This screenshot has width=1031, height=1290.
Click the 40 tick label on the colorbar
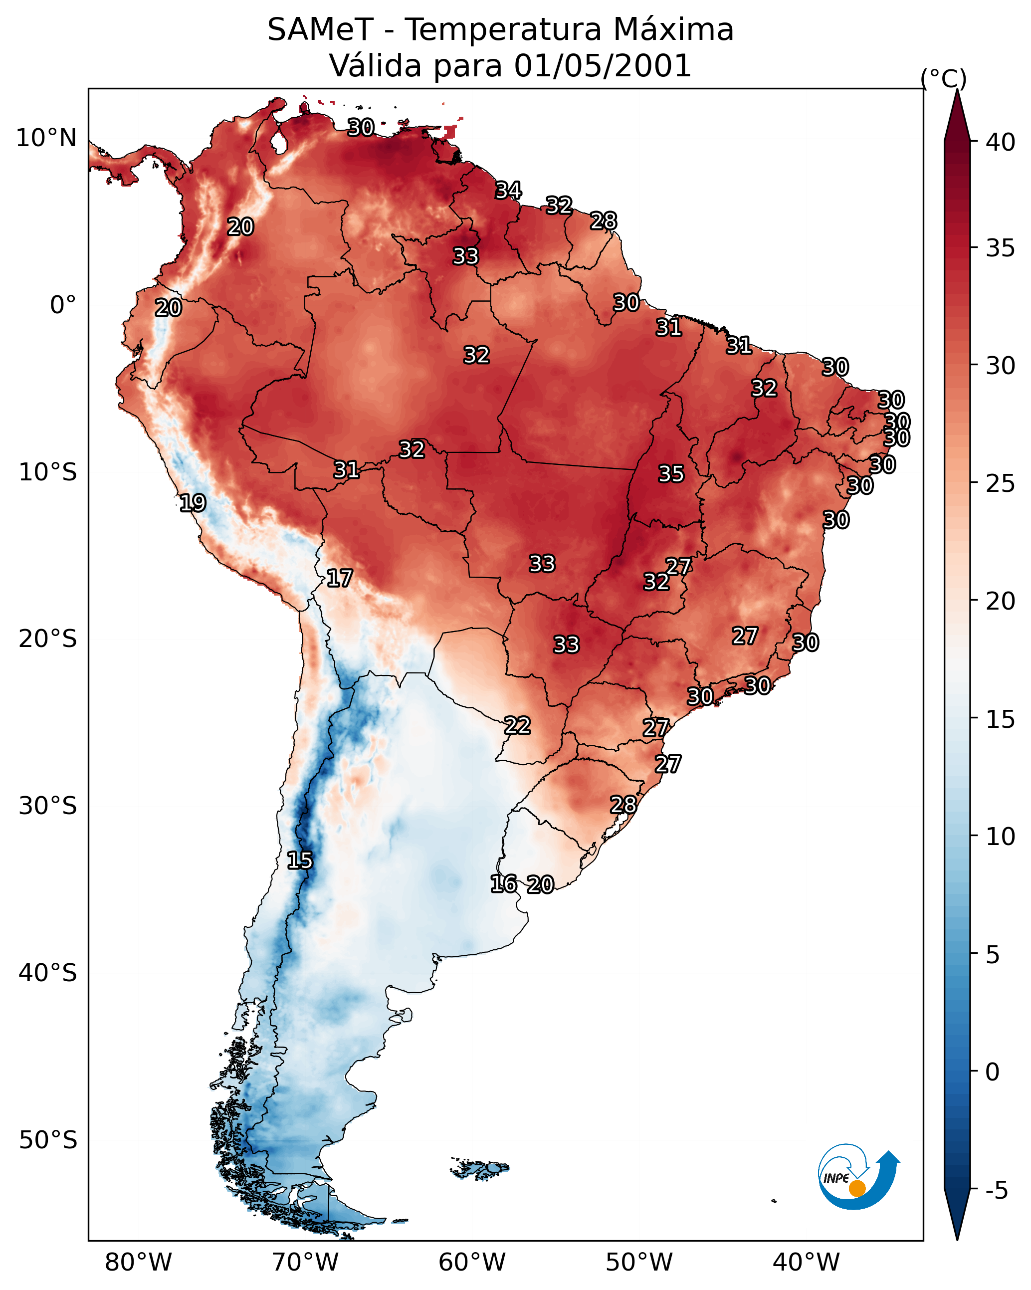1001,142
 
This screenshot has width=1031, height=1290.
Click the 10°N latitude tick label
46,138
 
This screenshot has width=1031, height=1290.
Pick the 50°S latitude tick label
48,1140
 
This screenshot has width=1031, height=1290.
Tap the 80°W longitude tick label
138,1263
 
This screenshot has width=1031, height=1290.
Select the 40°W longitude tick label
806,1263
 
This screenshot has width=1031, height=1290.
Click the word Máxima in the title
673,30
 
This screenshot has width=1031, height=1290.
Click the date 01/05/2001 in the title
603,66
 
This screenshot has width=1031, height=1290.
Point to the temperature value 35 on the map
671,474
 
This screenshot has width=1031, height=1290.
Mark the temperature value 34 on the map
508,190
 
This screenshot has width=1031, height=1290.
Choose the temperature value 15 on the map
300,860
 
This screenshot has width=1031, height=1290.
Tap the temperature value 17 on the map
339,578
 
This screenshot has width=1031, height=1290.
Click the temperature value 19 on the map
193,503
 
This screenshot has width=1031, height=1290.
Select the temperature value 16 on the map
503,884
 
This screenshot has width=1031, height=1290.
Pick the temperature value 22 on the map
517,725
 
